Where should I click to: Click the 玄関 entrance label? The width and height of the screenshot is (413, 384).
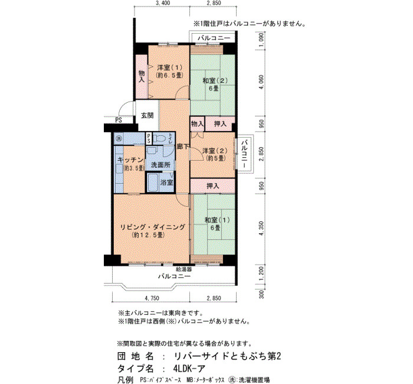(147, 115)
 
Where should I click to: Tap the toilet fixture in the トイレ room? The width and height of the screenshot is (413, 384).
(160, 138)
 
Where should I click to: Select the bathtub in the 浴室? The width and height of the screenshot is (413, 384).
(152, 182)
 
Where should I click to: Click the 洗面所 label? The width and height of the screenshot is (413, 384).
(160, 165)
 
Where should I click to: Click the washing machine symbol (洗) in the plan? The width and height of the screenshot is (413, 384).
(119, 138)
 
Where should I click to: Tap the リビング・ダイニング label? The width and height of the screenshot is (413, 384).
(153, 227)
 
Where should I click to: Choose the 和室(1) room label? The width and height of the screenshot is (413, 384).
(217, 220)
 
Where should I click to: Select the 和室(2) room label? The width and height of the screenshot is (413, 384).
(215, 80)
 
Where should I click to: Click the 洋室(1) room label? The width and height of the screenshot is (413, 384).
(170, 67)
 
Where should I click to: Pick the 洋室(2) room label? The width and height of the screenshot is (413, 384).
(215, 151)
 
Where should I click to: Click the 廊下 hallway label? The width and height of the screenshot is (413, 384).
(183, 147)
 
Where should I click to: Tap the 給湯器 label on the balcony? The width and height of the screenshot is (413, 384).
(184, 269)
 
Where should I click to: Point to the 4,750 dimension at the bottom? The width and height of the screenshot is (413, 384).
(152, 298)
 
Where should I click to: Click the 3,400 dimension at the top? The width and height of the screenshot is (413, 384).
(163, 3)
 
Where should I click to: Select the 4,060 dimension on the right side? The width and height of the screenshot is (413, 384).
(261, 82)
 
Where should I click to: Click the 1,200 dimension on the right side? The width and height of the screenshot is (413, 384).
(261, 274)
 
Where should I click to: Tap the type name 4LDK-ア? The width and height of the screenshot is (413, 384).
(189, 368)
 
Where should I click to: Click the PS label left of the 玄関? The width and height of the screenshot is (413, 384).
(119, 121)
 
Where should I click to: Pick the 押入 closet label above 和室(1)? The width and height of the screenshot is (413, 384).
(213, 186)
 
